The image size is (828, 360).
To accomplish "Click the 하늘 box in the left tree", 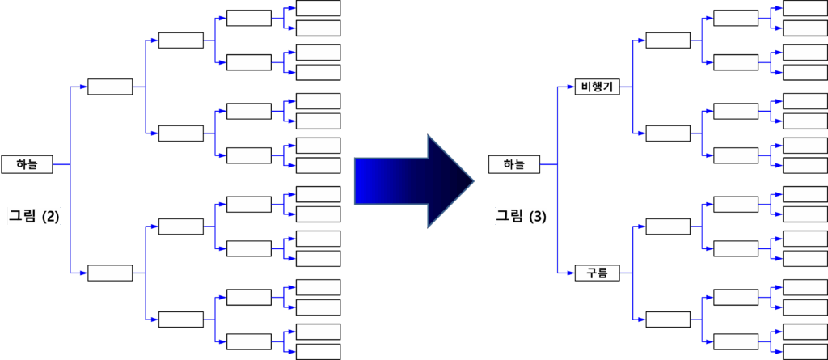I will [27, 164].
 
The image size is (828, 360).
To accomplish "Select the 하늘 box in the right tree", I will [513, 164].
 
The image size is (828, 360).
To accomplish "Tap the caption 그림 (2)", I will [34, 216].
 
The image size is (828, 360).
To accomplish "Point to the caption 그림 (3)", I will [521, 216].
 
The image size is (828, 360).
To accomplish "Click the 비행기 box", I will [596, 87].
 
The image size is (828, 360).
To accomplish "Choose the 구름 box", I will [596, 273].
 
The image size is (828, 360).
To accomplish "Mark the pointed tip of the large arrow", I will [471, 179].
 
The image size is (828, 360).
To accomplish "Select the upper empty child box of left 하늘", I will [110, 87].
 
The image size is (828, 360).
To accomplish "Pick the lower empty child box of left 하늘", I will [110, 273].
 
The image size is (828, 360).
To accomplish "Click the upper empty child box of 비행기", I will [668, 40].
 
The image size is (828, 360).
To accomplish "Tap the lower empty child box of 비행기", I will [668, 133].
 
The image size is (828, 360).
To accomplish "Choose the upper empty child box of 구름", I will [668, 227].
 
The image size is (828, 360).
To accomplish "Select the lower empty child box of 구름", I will [668, 320].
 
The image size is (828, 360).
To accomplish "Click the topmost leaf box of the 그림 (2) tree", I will [319, 8].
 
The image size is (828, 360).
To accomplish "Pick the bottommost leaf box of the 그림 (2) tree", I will [319, 352].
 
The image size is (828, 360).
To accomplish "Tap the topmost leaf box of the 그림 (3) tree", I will [805, 8].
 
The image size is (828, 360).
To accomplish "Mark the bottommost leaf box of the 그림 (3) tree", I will [805, 352].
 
